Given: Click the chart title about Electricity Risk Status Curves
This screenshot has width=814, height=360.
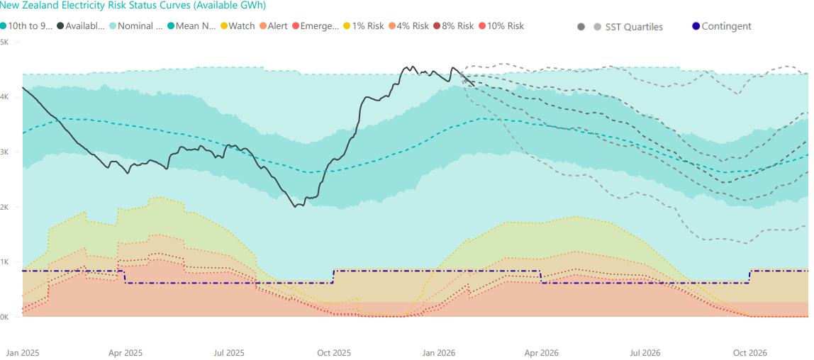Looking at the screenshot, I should [133, 5].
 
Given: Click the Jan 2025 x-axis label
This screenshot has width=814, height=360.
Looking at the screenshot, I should [23, 352].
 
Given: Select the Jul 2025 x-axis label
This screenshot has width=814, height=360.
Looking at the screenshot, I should [228, 352].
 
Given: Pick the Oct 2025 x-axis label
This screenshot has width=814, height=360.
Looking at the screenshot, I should [334, 352].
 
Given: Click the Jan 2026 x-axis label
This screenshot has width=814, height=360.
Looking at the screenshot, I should [439, 352].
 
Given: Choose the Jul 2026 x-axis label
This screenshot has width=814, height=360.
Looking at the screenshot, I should [645, 352].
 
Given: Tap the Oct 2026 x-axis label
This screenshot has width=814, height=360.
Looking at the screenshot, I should [750, 352].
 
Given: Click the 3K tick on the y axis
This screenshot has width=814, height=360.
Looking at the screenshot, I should [4, 152].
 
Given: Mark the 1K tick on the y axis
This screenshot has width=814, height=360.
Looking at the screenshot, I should [4, 262].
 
